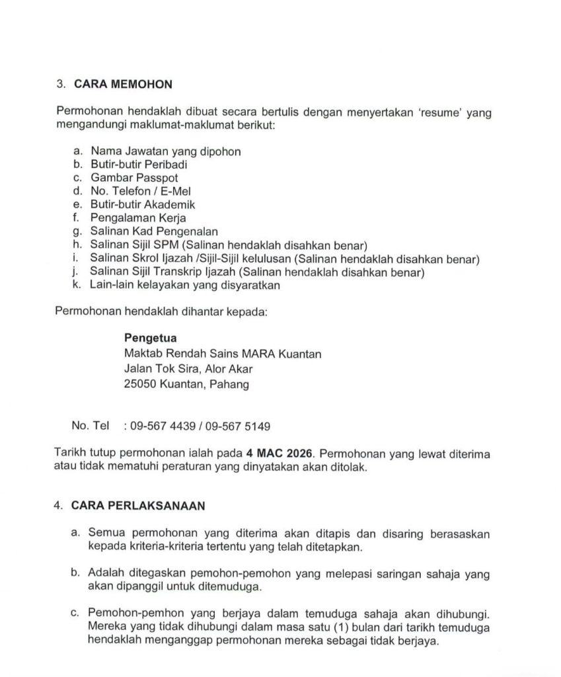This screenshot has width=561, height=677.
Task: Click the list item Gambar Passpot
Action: click(x=134, y=178)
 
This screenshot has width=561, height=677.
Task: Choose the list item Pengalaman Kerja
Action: click(x=138, y=218)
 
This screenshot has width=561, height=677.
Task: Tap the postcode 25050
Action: click(x=140, y=384)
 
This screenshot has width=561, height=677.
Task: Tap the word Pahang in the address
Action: click(x=229, y=384)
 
